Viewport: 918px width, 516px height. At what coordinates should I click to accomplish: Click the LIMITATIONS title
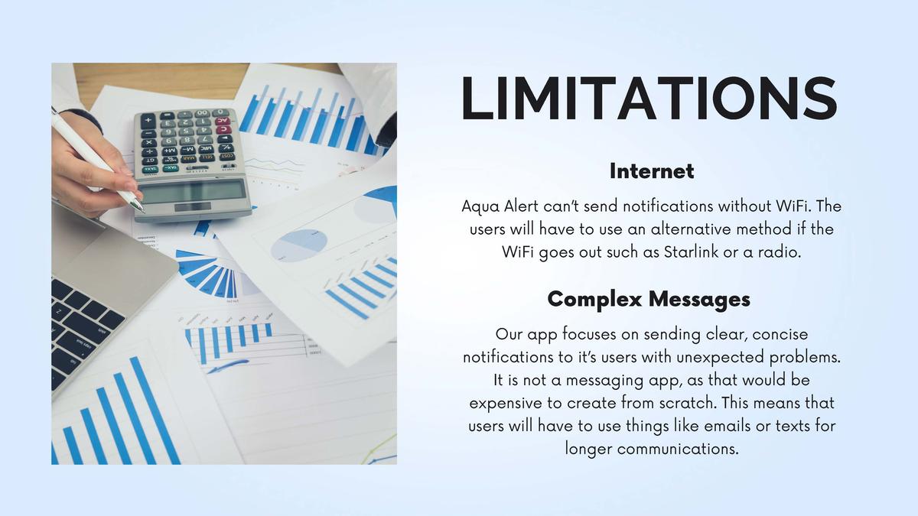click(649, 99)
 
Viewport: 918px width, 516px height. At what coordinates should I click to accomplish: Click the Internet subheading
click(652, 171)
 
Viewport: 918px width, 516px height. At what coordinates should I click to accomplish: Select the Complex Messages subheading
click(649, 300)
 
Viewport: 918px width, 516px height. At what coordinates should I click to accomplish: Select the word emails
click(728, 426)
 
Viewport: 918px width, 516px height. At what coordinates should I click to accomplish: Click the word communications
click(678, 449)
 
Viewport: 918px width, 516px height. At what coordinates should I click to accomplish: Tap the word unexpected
click(720, 358)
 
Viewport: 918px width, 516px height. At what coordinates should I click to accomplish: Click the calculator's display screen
click(193, 192)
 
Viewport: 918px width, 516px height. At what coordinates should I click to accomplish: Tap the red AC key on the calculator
click(222, 121)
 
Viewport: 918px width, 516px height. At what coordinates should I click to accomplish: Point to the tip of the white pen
click(143, 211)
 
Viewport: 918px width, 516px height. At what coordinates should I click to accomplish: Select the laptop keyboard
click(82, 328)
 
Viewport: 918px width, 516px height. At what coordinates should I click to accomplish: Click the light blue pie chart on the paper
click(299, 245)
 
